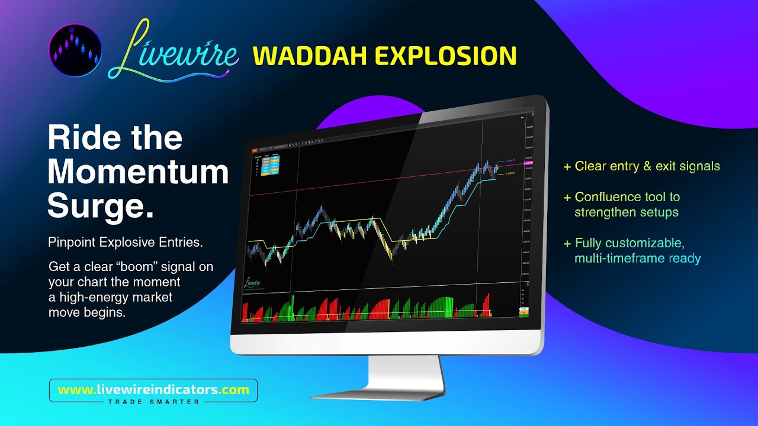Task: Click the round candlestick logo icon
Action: [x=75, y=50]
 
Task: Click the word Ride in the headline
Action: [x=81, y=138]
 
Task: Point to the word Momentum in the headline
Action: [x=138, y=172]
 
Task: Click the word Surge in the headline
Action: [x=98, y=206]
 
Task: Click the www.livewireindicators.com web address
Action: [x=153, y=390]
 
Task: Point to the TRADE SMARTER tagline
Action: [x=153, y=401]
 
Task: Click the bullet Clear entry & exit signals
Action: [x=647, y=166]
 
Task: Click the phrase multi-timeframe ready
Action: [x=637, y=259]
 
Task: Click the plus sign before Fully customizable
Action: [x=567, y=243]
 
